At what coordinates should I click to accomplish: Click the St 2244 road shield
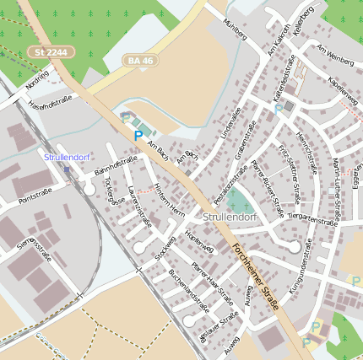tap(51, 52)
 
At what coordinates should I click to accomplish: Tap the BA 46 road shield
tap(139, 61)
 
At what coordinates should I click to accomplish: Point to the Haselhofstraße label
tap(51, 104)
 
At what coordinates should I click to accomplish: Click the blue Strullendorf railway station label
tap(67, 157)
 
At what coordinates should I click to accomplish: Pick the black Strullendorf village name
tap(230, 217)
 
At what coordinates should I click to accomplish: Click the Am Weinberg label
tap(335, 54)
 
